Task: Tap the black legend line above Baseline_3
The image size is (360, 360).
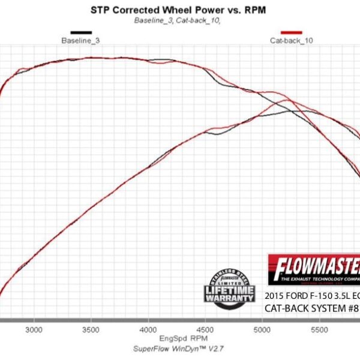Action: [x=81, y=32]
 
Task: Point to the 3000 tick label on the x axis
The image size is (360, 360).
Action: [x=34, y=330]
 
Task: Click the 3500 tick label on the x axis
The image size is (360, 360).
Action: [x=91, y=330]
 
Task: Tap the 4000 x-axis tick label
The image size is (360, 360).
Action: [x=148, y=330]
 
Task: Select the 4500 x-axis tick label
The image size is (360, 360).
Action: [x=205, y=330]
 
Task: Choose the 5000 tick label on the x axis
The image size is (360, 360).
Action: [x=262, y=330]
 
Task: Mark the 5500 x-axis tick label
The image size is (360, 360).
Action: [x=319, y=330]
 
